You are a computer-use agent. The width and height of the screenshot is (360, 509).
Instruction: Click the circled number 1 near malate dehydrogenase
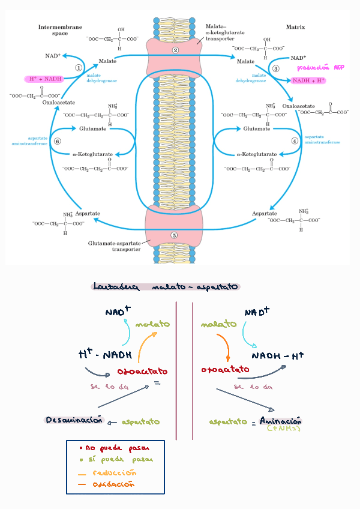click(x=79, y=68)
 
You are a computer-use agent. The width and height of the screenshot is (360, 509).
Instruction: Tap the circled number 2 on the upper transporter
click(x=175, y=50)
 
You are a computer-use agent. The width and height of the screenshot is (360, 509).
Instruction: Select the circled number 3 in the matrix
click(x=276, y=68)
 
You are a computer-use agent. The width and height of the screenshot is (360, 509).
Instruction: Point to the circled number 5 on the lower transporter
click(x=174, y=235)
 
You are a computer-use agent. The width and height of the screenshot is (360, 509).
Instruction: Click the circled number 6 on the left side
click(x=57, y=141)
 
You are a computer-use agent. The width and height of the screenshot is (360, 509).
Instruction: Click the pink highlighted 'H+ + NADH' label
click(x=46, y=79)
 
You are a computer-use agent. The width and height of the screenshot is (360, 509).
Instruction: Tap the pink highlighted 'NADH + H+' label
click(x=308, y=79)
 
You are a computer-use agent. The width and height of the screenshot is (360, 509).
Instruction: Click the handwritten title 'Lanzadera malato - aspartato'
click(x=166, y=287)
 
